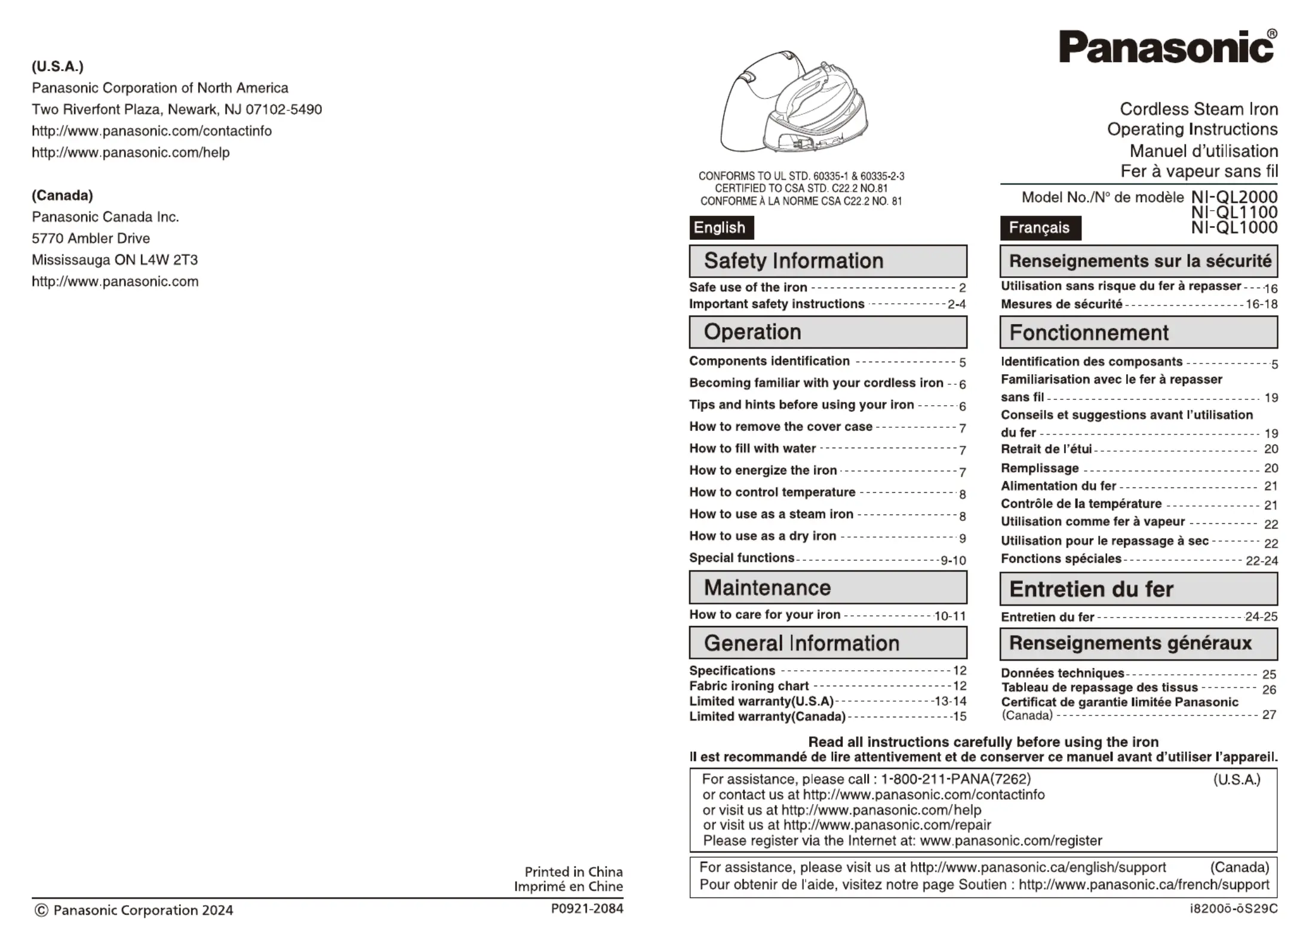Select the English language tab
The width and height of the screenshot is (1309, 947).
click(721, 228)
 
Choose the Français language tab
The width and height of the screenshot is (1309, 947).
click(1040, 228)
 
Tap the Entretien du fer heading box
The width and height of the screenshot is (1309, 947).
click(1138, 590)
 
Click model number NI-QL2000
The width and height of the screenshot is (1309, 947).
click(1234, 196)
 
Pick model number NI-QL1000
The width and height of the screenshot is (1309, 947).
click(1234, 227)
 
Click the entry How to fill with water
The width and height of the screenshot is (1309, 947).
click(752, 449)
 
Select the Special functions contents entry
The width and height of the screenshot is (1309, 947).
click(742, 558)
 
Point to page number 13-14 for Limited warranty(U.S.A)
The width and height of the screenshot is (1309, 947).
click(950, 702)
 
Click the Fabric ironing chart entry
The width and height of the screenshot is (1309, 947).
click(749, 686)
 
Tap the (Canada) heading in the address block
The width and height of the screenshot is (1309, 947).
click(62, 196)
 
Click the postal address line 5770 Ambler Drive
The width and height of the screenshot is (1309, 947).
click(91, 239)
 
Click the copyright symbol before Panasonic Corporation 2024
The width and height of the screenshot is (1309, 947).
click(41, 911)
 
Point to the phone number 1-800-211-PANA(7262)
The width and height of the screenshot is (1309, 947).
click(955, 779)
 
